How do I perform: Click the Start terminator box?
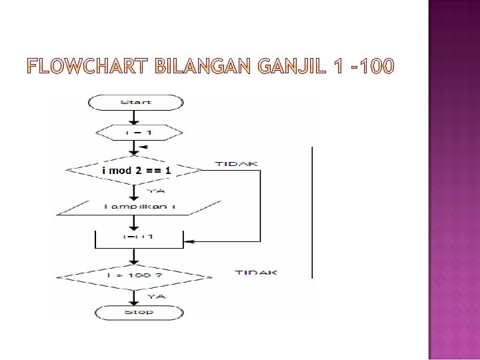click(136, 102)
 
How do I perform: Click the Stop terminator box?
click(138, 312)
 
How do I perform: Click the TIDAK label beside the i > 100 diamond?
click(256, 272)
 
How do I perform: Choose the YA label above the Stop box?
click(156, 296)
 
